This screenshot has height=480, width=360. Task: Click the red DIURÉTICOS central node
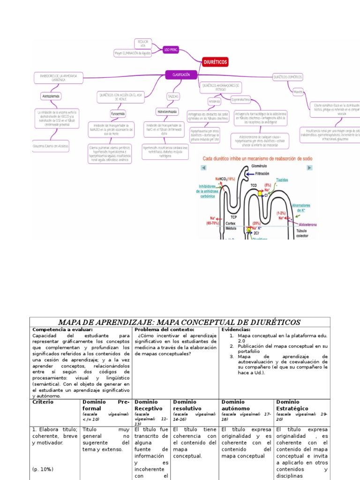(215, 61)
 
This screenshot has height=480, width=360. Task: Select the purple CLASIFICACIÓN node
(181, 75)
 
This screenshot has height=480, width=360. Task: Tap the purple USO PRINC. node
(170, 49)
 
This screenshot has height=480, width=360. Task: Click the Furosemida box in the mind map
(118, 114)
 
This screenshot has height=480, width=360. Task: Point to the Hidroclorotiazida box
(166, 112)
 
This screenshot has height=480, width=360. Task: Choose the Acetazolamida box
(52, 96)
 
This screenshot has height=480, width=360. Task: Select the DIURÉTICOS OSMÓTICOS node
(287, 77)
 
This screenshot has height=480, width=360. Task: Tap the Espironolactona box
(240, 99)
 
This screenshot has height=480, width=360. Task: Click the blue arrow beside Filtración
(248, 173)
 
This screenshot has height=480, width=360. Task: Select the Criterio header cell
(43, 402)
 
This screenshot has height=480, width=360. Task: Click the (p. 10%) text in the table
(43, 469)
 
